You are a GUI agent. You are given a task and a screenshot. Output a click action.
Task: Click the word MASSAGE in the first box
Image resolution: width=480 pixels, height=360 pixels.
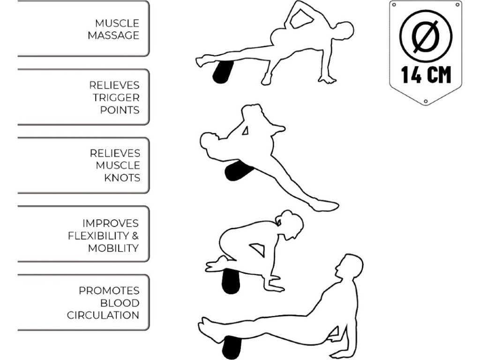113,36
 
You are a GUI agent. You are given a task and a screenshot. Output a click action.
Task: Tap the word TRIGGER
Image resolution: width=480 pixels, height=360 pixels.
116,97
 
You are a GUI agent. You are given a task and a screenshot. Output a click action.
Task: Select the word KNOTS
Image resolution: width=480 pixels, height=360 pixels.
122,178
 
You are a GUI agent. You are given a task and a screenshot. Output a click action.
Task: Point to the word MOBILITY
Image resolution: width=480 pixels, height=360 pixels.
113,248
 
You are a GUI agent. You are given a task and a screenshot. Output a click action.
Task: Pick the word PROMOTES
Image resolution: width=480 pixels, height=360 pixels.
109,291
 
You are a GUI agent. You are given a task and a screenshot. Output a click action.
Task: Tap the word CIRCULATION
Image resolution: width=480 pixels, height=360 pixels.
103,315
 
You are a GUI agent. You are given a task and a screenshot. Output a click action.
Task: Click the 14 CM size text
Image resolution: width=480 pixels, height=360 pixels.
426,75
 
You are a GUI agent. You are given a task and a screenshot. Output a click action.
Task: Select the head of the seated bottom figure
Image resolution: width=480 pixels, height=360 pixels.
351,267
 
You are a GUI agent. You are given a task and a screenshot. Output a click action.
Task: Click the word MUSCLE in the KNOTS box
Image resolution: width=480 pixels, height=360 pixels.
118,165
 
